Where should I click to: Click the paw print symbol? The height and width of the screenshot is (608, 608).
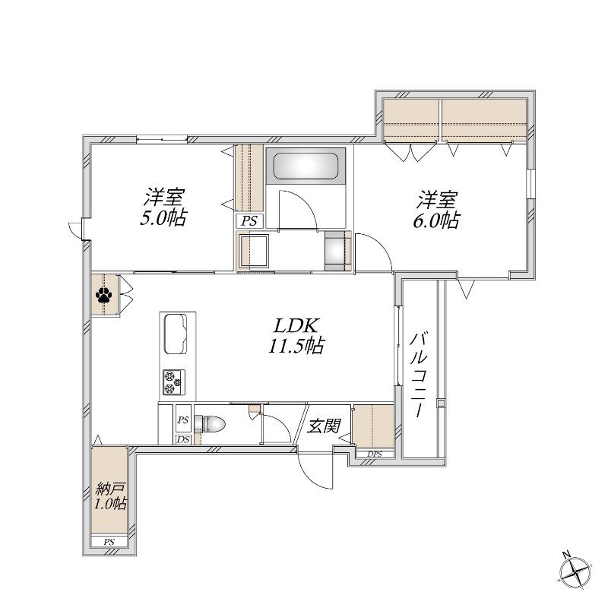[103, 296]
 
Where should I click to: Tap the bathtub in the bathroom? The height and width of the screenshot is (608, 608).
[306, 166]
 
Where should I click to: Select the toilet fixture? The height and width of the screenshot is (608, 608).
[210, 423]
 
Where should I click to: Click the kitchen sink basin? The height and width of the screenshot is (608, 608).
[176, 334]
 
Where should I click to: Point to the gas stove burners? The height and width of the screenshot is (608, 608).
[174, 382]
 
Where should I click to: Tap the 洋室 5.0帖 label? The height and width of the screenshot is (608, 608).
[163, 207]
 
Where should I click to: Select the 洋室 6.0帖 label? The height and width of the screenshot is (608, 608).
[436, 210]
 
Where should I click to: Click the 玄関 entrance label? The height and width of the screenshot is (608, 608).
[324, 426]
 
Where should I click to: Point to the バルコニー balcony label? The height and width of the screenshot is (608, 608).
[420, 374]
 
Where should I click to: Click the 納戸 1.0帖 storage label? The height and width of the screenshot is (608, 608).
[110, 497]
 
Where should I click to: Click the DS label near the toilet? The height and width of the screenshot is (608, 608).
[183, 439]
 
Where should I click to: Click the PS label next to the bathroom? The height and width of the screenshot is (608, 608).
[249, 221]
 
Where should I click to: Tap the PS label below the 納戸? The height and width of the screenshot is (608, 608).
[109, 542]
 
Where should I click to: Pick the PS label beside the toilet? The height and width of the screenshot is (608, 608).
[183, 420]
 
